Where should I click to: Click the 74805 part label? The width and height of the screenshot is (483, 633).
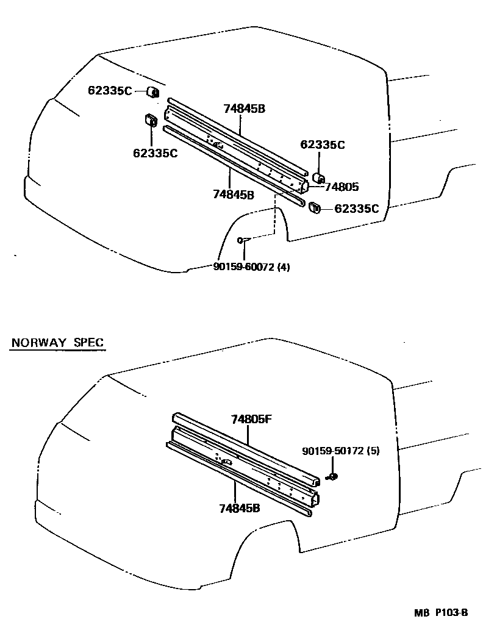click(x=342, y=187)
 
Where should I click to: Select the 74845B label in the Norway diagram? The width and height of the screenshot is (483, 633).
click(x=240, y=507)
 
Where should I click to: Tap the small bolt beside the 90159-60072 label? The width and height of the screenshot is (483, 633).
click(x=242, y=240)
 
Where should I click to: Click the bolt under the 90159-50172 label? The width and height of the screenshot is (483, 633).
click(x=332, y=476)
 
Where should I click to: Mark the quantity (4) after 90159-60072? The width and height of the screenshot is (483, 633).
click(x=284, y=266)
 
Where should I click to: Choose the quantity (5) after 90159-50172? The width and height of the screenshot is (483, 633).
click(x=374, y=451)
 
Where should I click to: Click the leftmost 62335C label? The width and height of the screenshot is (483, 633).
click(x=110, y=91)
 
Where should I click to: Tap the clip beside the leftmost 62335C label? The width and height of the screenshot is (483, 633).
click(x=152, y=93)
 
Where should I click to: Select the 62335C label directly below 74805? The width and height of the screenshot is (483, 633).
click(x=357, y=209)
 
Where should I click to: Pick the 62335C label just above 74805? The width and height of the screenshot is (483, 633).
click(x=323, y=145)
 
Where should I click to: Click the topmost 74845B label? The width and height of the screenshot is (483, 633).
click(x=244, y=109)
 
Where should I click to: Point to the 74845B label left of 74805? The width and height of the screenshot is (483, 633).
click(x=234, y=194)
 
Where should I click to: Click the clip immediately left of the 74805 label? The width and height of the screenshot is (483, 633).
click(x=318, y=177)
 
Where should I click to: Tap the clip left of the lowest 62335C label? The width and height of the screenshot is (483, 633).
click(x=315, y=207)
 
